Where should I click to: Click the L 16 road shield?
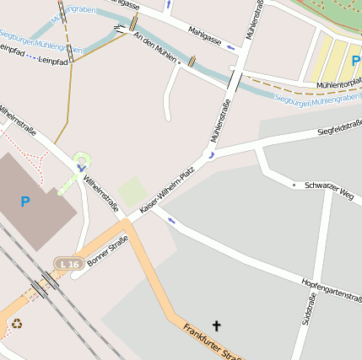(68, 264)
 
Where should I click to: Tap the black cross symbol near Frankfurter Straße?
(216, 325)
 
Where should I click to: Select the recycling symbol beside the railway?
(17, 323)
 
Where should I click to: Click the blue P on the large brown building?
(24, 201)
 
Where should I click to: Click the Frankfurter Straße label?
(211, 342)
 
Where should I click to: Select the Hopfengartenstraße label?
(331, 288)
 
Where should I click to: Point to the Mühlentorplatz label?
(338, 82)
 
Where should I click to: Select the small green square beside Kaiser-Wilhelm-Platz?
(131, 191)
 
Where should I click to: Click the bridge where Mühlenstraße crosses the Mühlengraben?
(235, 81)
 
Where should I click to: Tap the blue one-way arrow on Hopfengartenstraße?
(171, 221)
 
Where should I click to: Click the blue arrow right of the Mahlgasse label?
(231, 47)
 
